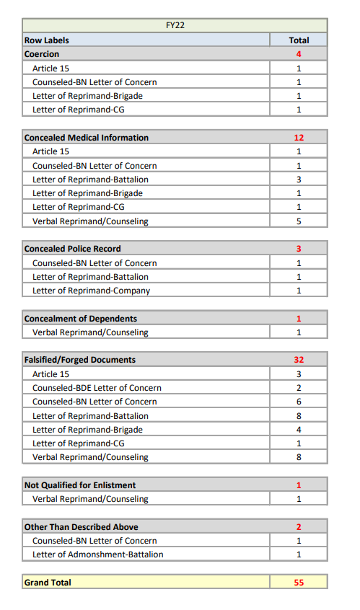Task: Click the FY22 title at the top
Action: point(175,26)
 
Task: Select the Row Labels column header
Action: point(47,40)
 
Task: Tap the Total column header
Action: point(299,40)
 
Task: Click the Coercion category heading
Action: point(42,54)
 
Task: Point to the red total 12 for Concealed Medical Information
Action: point(299,138)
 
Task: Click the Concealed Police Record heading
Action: point(72,249)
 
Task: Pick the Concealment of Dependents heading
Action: point(80,319)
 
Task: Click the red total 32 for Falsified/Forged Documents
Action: point(299,360)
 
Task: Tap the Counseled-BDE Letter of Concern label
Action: point(97,388)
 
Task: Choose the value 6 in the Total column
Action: point(299,402)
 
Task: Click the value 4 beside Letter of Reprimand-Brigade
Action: point(299,430)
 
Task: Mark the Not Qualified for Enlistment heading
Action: point(79,485)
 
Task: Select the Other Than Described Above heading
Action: point(81,527)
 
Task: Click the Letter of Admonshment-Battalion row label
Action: point(97,554)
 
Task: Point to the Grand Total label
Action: point(48,583)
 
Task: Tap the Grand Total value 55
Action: point(299,583)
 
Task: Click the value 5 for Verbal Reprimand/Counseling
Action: point(299,221)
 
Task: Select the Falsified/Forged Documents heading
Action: point(79,360)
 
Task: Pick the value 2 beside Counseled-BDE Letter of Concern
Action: point(299,388)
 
